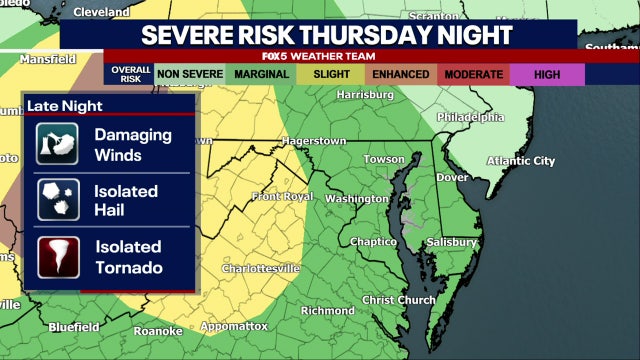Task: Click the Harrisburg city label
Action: [365, 94]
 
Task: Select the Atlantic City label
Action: [520, 160]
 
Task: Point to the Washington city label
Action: [356, 198]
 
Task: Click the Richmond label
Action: [328, 310]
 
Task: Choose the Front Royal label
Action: [282, 196]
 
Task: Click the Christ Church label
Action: [398, 299]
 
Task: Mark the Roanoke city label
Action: [158, 331]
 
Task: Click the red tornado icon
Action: [57, 258]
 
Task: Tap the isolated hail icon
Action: [57, 200]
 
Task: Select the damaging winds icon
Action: [57, 143]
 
